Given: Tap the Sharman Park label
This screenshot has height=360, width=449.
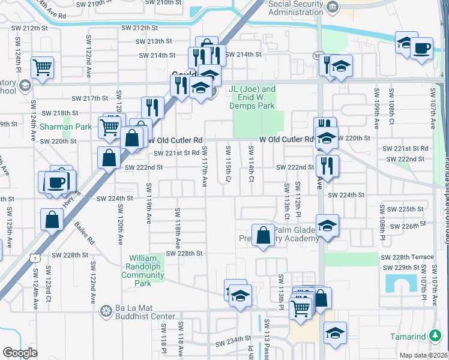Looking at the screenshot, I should (66, 127).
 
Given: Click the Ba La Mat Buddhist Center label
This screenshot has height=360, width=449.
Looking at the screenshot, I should (143, 311).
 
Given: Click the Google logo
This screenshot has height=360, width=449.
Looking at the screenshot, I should (20, 352).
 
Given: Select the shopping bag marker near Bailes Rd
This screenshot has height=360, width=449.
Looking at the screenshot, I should (52, 219).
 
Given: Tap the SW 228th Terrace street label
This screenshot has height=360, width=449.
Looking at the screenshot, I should (408, 257).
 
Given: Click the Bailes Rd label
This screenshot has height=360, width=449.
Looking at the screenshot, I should (85, 232).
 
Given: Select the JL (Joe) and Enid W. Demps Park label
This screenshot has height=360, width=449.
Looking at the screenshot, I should (252, 97).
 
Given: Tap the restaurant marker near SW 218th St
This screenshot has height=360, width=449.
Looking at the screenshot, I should (153, 107).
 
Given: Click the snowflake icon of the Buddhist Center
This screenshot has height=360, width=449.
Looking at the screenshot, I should (106, 311).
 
